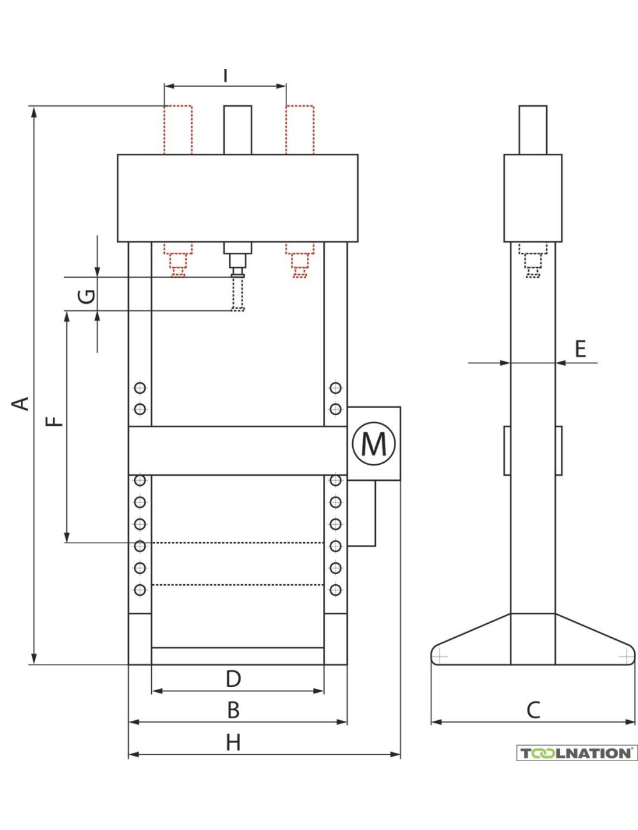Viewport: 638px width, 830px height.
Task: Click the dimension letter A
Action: pos(22,404)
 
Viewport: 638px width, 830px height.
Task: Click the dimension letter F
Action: pos(56,421)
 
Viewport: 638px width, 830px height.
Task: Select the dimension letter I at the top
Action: pos(225,74)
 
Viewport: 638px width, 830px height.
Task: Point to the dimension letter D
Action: pos(234,678)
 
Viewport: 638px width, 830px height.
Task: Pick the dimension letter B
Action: pos(234,709)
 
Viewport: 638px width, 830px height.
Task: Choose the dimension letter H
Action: pos(234,743)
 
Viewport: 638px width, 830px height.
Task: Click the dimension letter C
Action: pos(533,709)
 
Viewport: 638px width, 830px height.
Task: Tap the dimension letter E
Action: pos(579,349)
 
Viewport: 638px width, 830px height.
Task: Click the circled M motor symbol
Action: pos(374,443)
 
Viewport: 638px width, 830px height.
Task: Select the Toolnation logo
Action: pos(577,753)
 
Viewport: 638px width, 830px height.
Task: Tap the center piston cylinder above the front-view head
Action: pos(237,130)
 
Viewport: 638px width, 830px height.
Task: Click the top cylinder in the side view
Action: pos(533,130)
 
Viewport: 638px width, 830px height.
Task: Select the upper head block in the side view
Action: pos(533,197)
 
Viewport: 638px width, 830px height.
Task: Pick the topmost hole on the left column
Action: pos(140,388)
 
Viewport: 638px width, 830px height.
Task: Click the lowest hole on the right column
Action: pos(336,589)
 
